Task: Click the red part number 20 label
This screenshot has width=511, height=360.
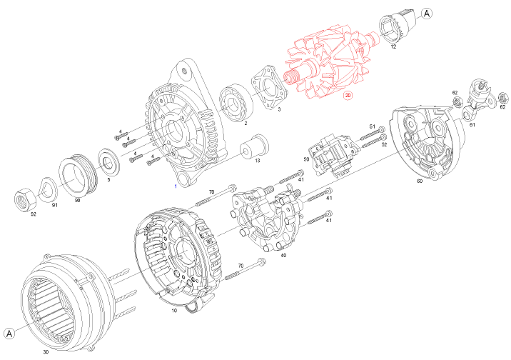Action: pos(348,94)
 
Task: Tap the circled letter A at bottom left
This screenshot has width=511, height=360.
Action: pos(10,333)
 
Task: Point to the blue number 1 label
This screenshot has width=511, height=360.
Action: pos(176,186)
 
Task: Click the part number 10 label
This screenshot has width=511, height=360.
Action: pos(174,311)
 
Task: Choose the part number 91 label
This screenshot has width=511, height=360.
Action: pos(54,206)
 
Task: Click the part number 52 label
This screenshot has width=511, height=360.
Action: pos(384,145)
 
